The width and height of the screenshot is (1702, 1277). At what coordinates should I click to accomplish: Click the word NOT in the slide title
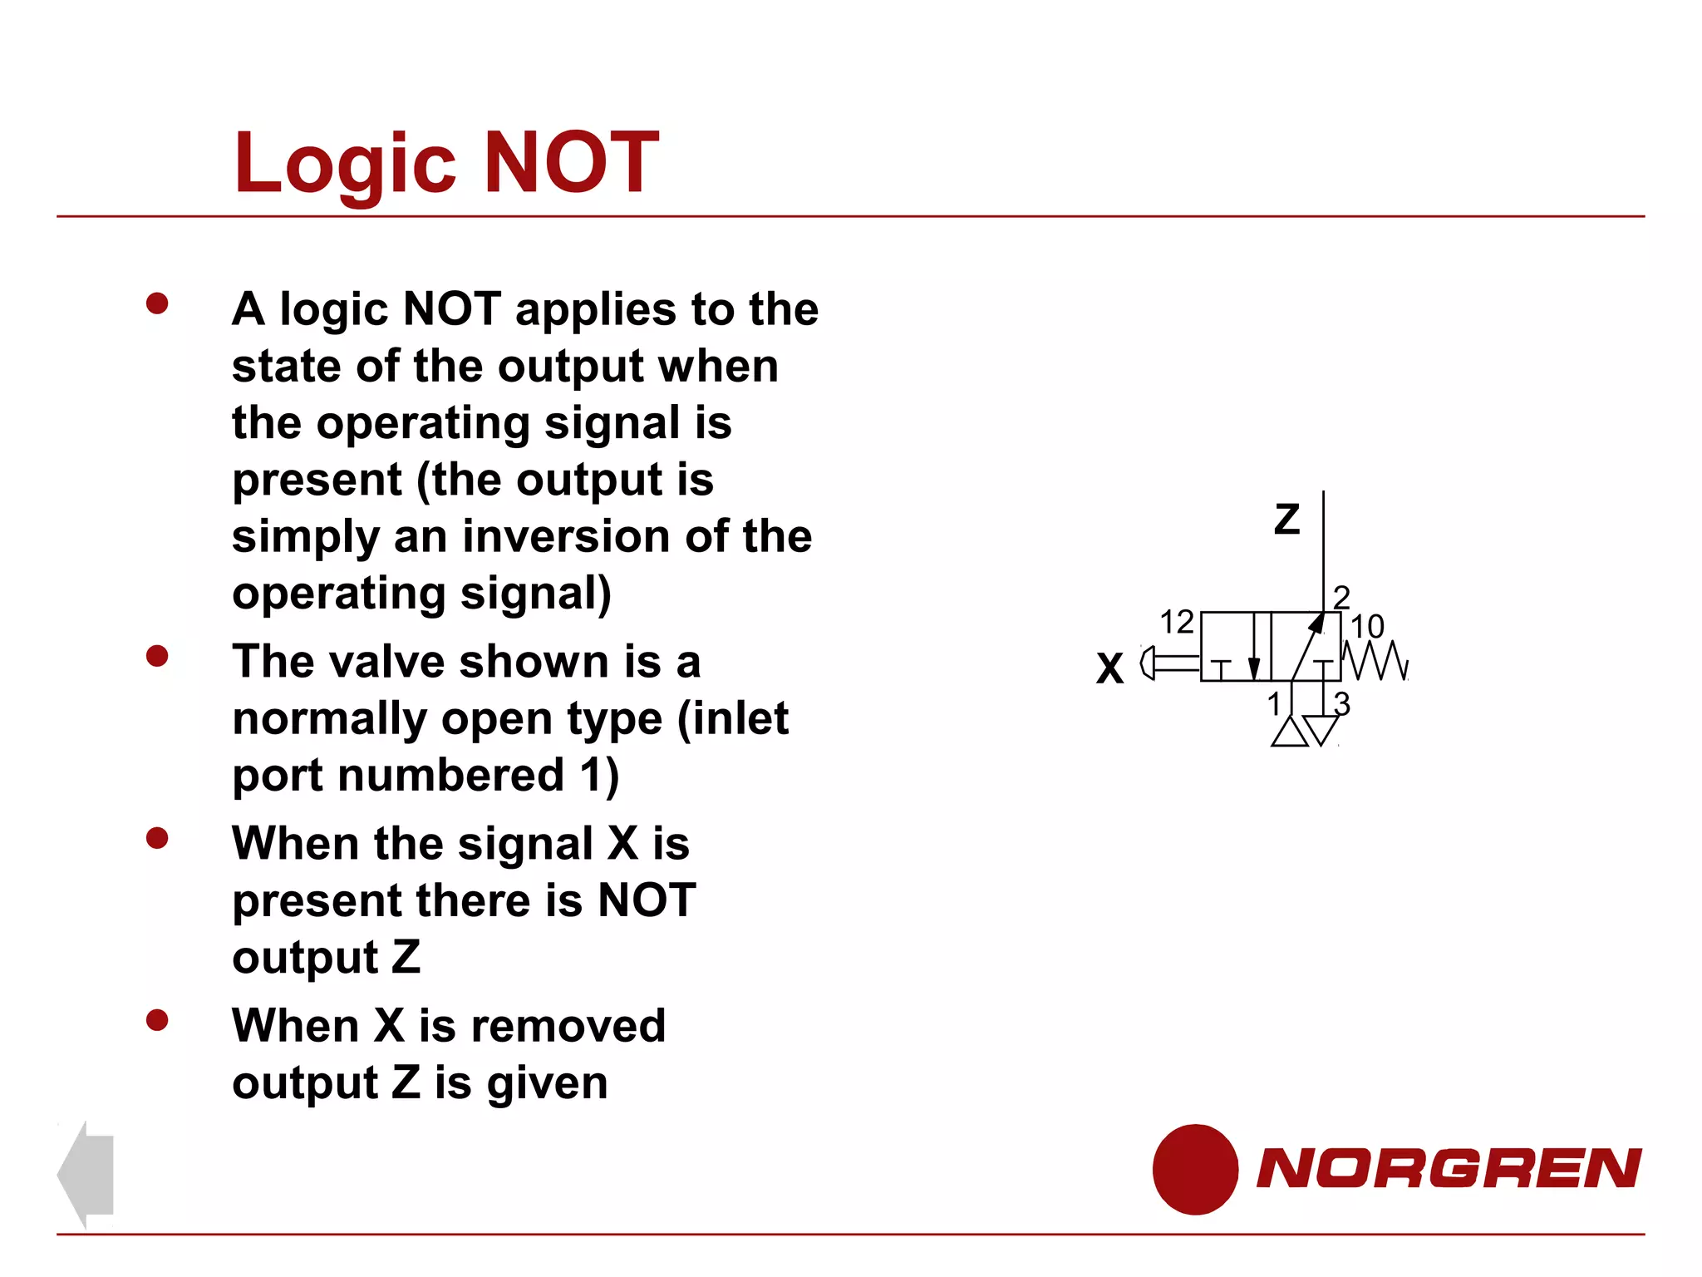tap(571, 163)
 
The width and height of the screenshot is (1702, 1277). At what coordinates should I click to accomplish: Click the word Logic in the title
tap(345, 165)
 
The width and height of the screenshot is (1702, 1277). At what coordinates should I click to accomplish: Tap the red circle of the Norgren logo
tap(1195, 1169)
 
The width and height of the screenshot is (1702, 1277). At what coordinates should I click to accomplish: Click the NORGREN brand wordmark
tap(1449, 1168)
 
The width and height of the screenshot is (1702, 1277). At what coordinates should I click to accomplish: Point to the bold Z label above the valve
tap(1286, 520)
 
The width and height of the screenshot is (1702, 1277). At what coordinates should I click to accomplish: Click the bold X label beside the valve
tap(1109, 668)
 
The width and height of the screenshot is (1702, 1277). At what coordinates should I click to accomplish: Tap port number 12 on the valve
tap(1176, 622)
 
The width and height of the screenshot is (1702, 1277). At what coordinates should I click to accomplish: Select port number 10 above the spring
tap(1367, 626)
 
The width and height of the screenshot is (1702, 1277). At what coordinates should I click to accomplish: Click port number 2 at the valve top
tap(1341, 597)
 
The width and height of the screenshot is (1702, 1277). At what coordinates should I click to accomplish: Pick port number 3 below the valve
tap(1342, 703)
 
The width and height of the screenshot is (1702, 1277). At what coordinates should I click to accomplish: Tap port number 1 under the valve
tap(1274, 704)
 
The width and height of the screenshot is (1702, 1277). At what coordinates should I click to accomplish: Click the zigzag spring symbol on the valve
tap(1375, 660)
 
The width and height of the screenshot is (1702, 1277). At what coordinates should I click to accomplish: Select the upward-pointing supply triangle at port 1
tap(1289, 732)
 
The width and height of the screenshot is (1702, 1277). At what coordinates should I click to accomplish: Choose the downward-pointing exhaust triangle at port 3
tap(1321, 729)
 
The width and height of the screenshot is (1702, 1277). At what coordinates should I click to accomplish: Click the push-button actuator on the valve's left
tap(1168, 663)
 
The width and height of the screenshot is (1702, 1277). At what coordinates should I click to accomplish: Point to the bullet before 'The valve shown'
tap(157, 657)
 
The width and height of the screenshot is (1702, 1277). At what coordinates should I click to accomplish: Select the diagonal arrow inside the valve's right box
tap(1307, 647)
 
